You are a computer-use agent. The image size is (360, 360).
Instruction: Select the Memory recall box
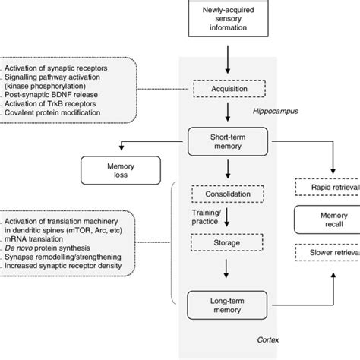pyautogui.click(x=327, y=220)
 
